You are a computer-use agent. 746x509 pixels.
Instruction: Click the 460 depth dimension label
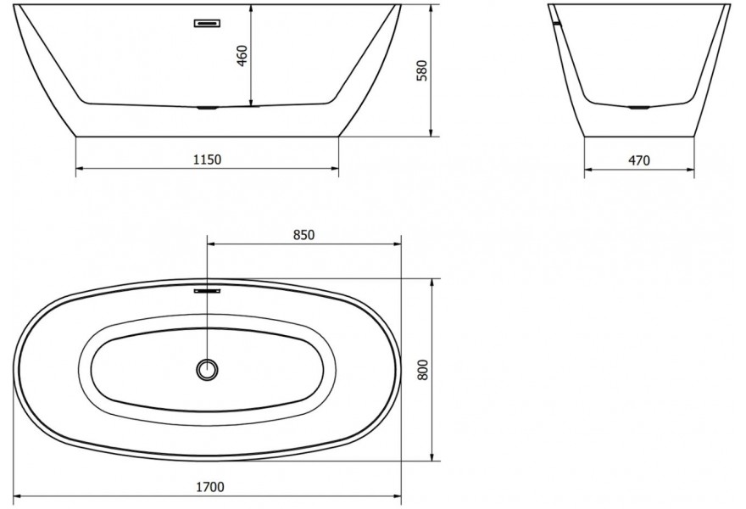click(242, 56)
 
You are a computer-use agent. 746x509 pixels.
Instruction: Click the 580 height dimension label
click(422, 70)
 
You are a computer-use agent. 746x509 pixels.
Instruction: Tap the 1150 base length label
click(208, 159)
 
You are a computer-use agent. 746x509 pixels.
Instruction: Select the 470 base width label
click(639, 161)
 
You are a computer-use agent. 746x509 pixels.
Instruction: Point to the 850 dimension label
click(303, 235)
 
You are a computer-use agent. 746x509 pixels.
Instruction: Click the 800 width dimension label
click(422, 370)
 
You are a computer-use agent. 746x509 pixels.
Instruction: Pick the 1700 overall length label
click(210, 487)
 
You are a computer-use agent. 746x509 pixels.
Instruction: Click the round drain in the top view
click(208, 369)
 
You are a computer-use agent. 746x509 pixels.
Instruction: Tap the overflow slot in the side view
click(208, 24)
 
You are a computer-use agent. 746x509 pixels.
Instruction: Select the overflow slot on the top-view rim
click(208, 289)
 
